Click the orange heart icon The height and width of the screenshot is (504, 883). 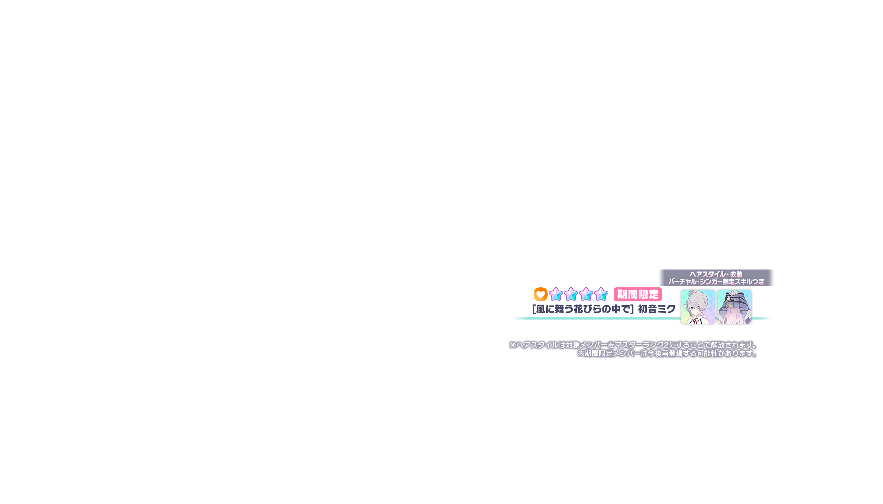click(x=540, y=294)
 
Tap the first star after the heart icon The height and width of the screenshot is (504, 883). click(x=556, y=294)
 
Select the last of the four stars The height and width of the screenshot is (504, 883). click(x=601, y=294)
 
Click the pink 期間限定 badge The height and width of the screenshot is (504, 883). click(x=638, y=295)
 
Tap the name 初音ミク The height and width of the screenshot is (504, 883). click(x=657, y=309)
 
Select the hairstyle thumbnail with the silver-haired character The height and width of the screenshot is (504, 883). click(x=697, y=307)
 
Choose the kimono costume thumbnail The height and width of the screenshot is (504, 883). click(x=734, y=307)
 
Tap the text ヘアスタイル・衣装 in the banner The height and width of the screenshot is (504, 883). click(x=716, y=274)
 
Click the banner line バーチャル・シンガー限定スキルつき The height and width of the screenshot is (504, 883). click(x=716, y=281)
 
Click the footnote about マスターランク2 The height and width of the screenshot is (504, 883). click(x=634, y=345)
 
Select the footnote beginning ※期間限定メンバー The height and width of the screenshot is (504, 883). click(x=667, y=353)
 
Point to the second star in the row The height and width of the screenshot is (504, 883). click(x=571, y=294)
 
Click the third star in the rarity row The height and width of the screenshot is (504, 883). click(x=586, y=294)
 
